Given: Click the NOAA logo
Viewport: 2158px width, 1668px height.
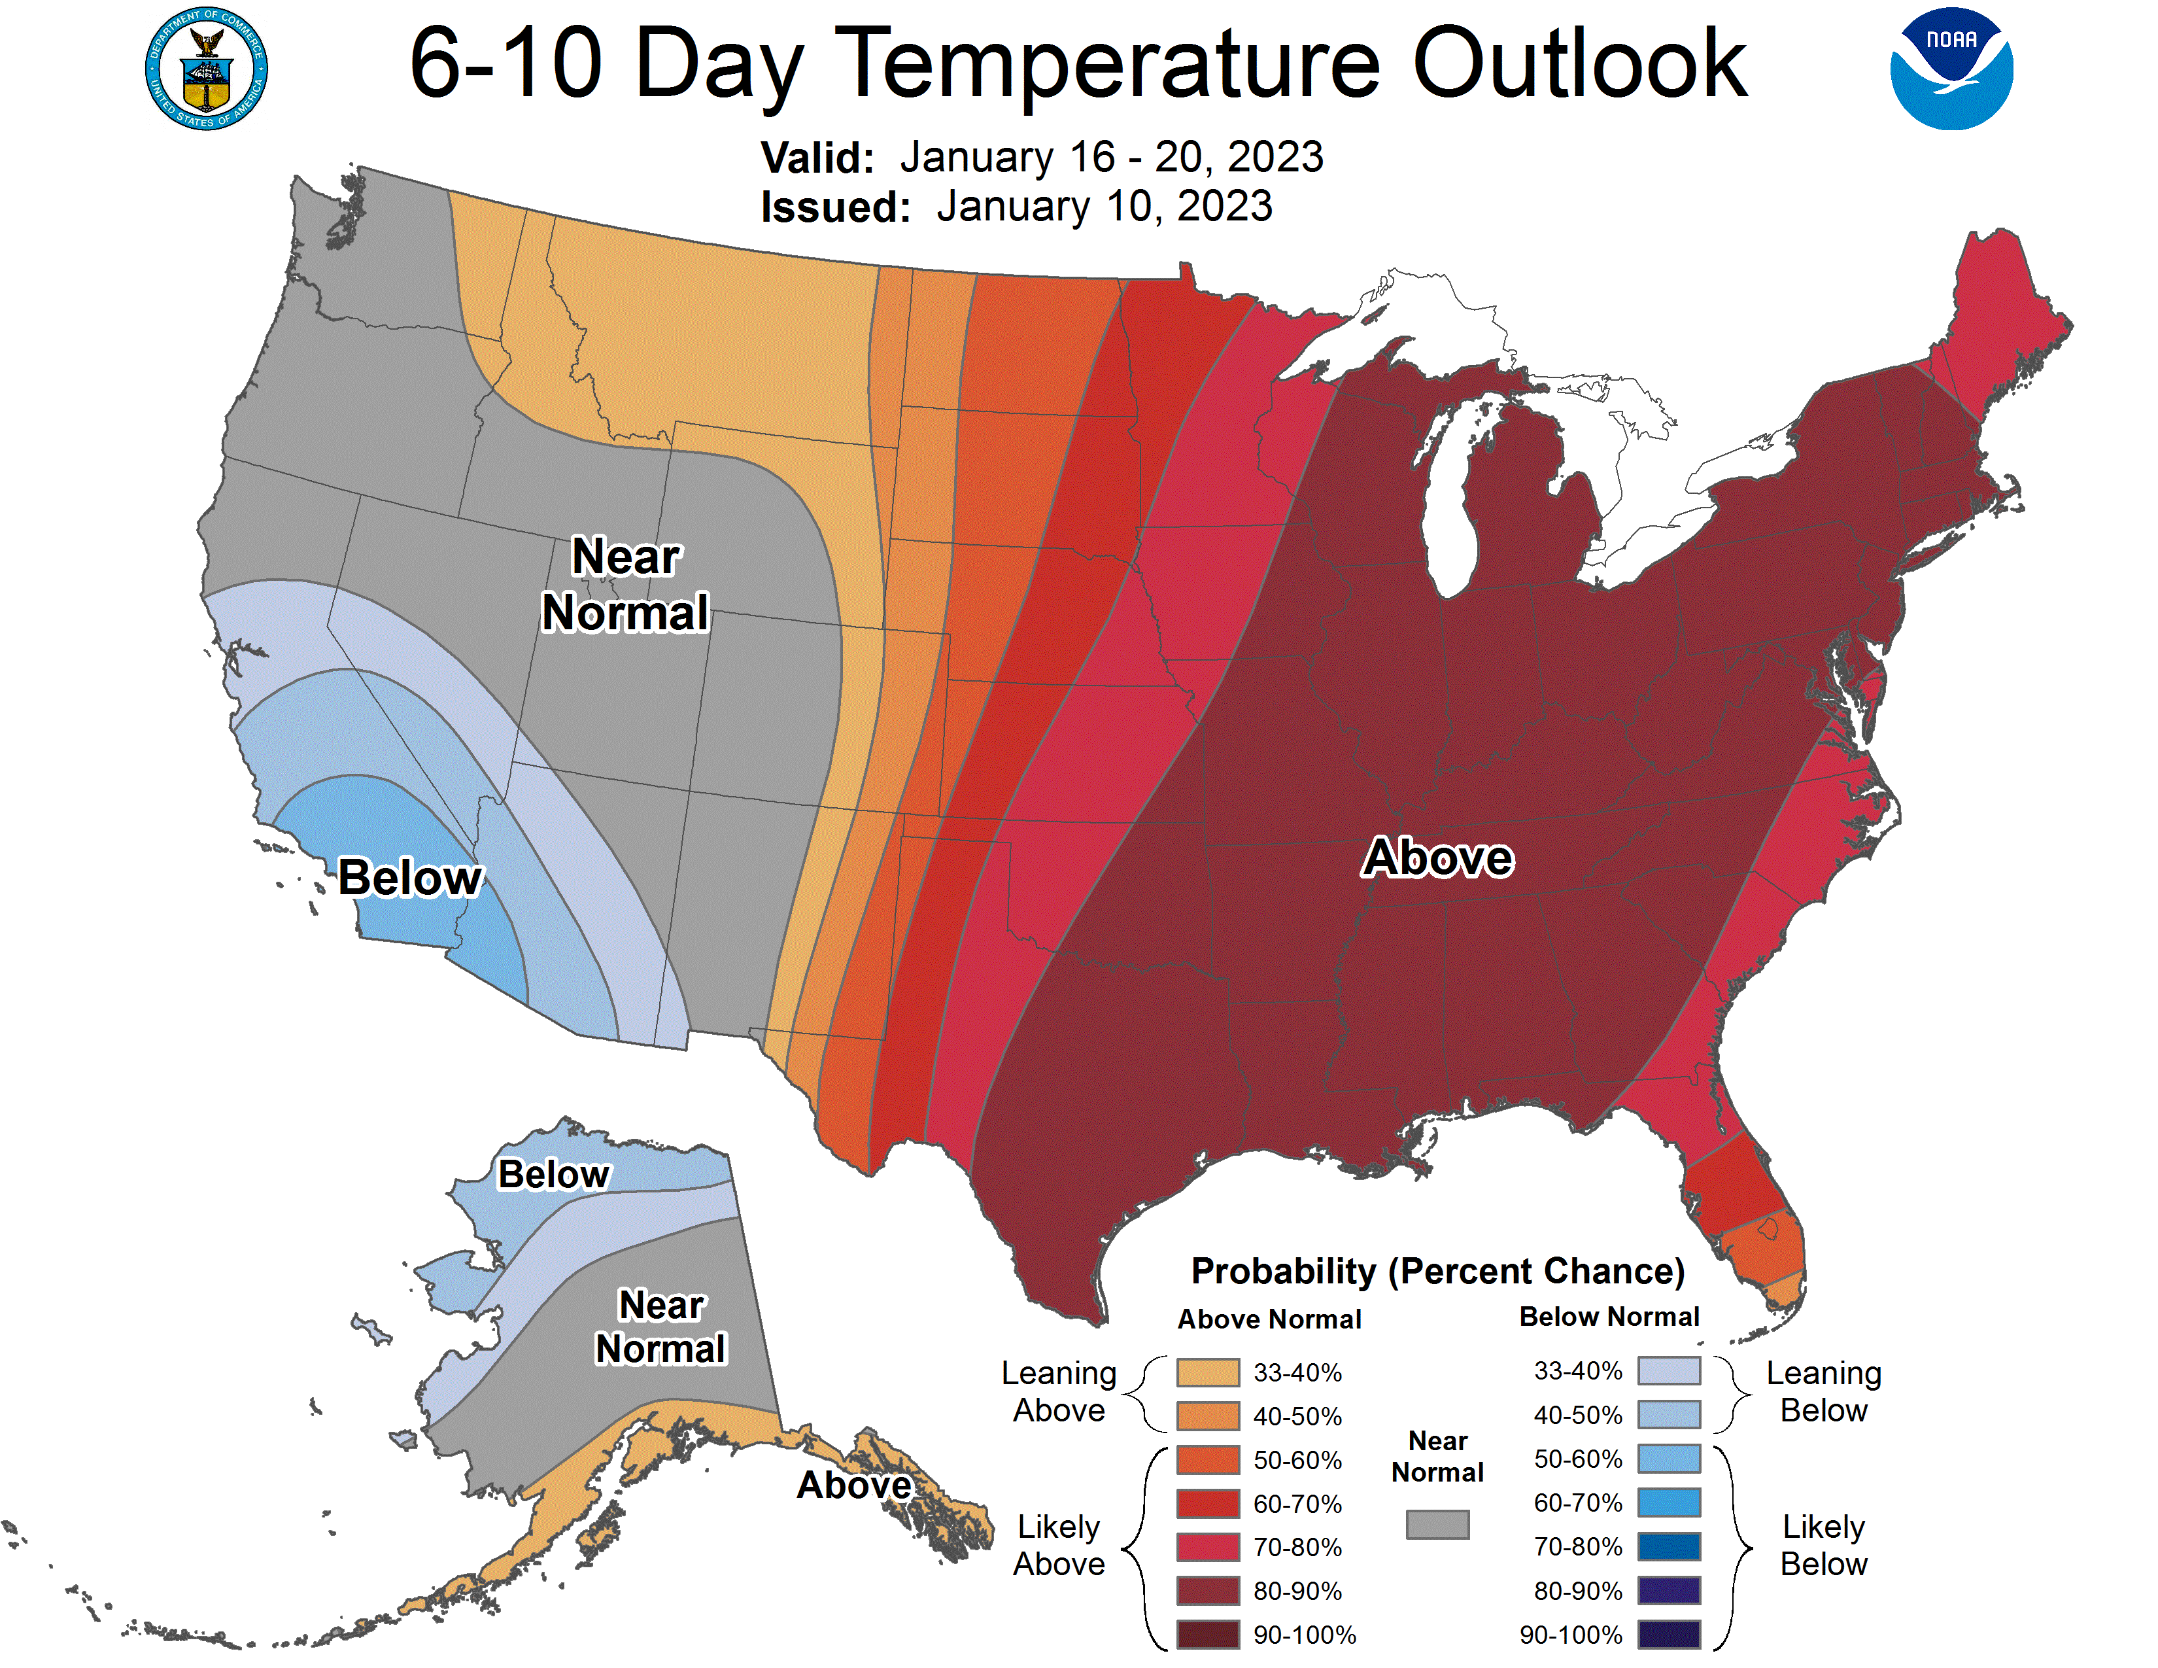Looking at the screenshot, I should click(x=1951, y=69).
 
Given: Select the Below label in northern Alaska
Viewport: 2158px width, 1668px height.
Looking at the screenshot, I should click(x=553, y=1175).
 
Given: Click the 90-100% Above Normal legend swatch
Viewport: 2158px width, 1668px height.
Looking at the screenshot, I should click(x=1207, y=1635).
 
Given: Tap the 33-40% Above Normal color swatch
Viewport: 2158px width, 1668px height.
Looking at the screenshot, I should click(x=1207, y=1372).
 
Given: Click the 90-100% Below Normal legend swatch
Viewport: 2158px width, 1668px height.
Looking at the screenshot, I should click(x=1669, y=1635).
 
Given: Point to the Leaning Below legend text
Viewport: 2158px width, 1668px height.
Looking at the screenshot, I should click(x=1823, y=1391).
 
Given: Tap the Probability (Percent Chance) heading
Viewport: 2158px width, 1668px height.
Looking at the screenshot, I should click(x=1437, y=1272).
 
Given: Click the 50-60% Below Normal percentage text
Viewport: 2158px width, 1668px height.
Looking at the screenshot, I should click(x=1577, y=1459).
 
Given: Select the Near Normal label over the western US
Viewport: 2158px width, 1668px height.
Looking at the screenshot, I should click(x=625, y=584).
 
